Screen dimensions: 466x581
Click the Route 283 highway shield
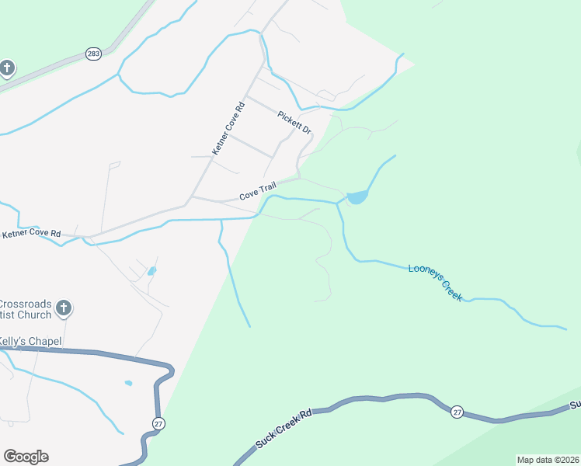coord(93,54)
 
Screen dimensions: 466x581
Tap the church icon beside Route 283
coord(7,68)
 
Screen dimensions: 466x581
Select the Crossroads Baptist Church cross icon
coord(64,309)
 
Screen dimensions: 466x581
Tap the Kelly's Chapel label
coord(30,341)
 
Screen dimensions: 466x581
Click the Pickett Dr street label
coord(294,123)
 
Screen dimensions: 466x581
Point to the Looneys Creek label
coord(436,281)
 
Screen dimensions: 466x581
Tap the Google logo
coord(26,457)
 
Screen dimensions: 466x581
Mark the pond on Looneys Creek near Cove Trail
coord(357,197)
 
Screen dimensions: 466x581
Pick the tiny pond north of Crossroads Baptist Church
coord(151,271)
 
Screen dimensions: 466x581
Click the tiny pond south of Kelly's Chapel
coord(128,383)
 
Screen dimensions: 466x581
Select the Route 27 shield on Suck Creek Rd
coord(457,412)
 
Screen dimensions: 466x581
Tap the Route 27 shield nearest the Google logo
coord(158,423)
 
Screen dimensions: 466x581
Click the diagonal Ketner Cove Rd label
coord(228,126)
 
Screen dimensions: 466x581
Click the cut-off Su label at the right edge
coord(575,405)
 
